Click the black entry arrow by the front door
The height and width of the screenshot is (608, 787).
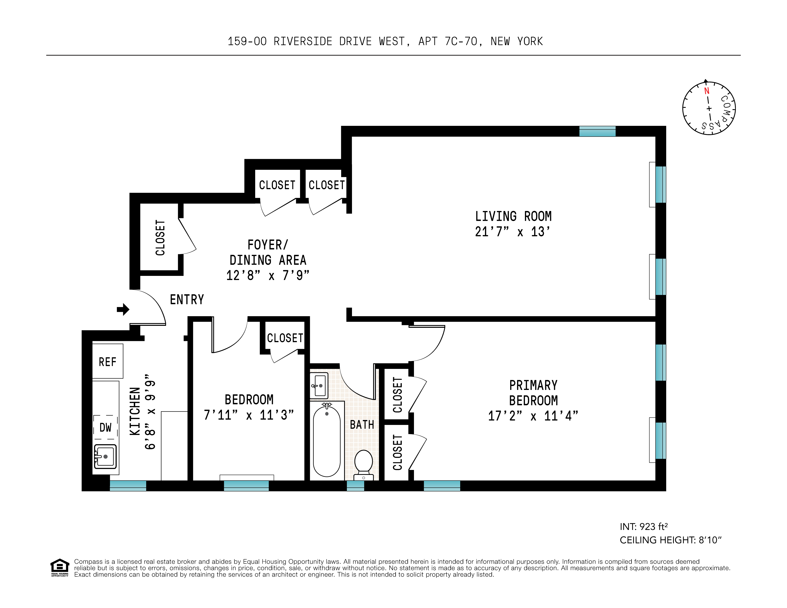coord(123,309)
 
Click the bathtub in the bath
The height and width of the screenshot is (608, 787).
coord(326,441)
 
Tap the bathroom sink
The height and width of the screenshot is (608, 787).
coord(319,385)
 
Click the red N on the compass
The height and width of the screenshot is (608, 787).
coord(707,91)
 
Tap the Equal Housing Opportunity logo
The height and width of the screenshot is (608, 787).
coord(59,568)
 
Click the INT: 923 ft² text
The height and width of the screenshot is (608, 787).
coord(644,527)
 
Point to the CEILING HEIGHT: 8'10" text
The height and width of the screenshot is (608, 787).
coord(670,540)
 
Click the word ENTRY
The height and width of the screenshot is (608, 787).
coord(187,299)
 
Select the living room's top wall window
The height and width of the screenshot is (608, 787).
coord(597,131)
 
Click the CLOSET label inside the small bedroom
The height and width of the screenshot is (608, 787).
coord(285,338)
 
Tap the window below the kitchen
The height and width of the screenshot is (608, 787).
coord(128,485)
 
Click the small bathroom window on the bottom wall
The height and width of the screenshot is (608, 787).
coord(355,485)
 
